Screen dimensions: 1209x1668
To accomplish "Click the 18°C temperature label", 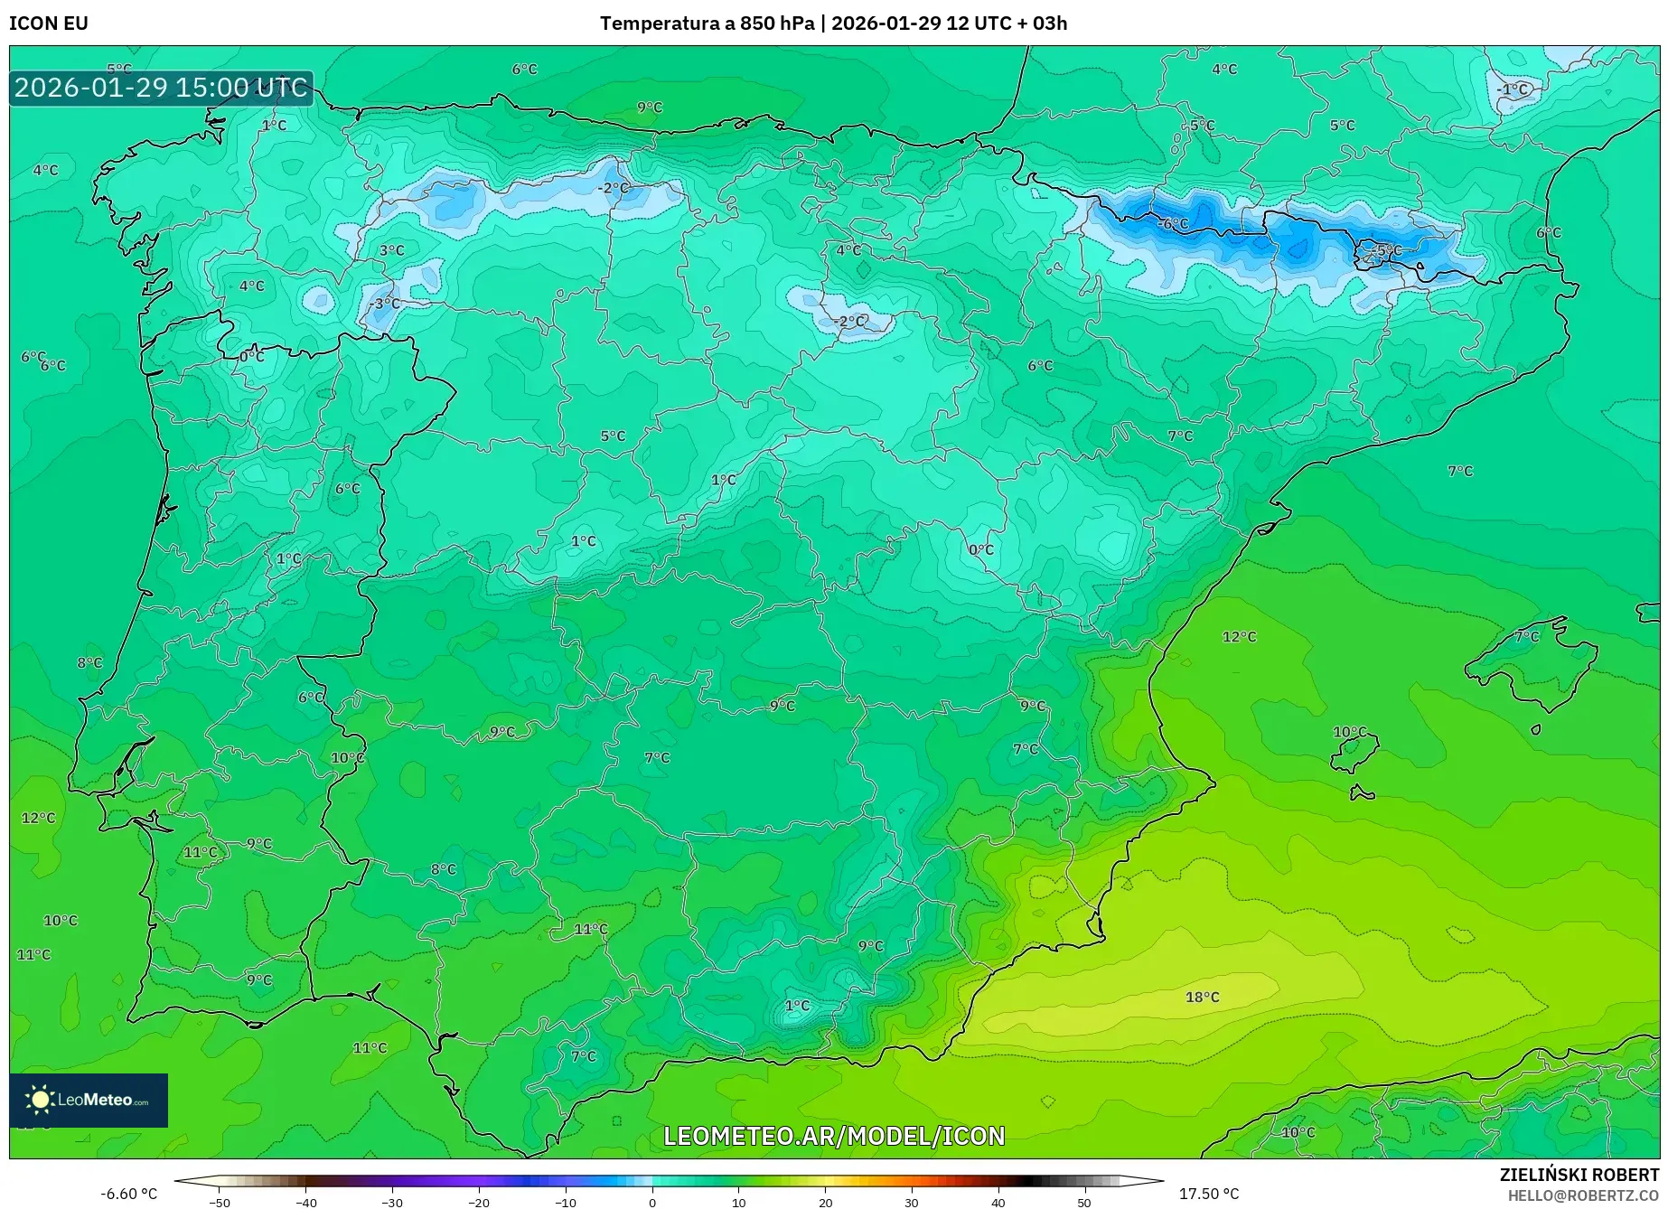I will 1202,997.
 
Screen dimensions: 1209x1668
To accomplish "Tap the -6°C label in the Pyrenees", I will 1174,223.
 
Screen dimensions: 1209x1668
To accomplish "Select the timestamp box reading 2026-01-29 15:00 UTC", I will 162,88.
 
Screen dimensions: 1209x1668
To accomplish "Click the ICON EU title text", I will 49,23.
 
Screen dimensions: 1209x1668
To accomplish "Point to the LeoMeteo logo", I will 89,1100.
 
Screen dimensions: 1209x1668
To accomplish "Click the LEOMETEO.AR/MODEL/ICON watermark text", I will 834,1136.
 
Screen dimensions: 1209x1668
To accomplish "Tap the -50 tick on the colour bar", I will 220,1202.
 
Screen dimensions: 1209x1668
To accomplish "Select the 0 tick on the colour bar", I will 652,1202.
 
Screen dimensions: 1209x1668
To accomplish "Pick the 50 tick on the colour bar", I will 1084,1202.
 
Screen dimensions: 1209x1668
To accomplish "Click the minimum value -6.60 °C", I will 128,1194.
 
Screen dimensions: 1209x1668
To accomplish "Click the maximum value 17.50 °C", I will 1209,1194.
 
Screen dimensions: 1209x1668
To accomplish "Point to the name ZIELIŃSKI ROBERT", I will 1579,1175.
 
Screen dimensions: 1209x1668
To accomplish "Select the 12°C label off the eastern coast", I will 1239,636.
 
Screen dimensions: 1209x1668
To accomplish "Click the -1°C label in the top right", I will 1513,89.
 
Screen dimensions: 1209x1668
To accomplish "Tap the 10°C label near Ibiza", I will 1350,732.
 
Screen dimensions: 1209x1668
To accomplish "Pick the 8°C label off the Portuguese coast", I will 89,662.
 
